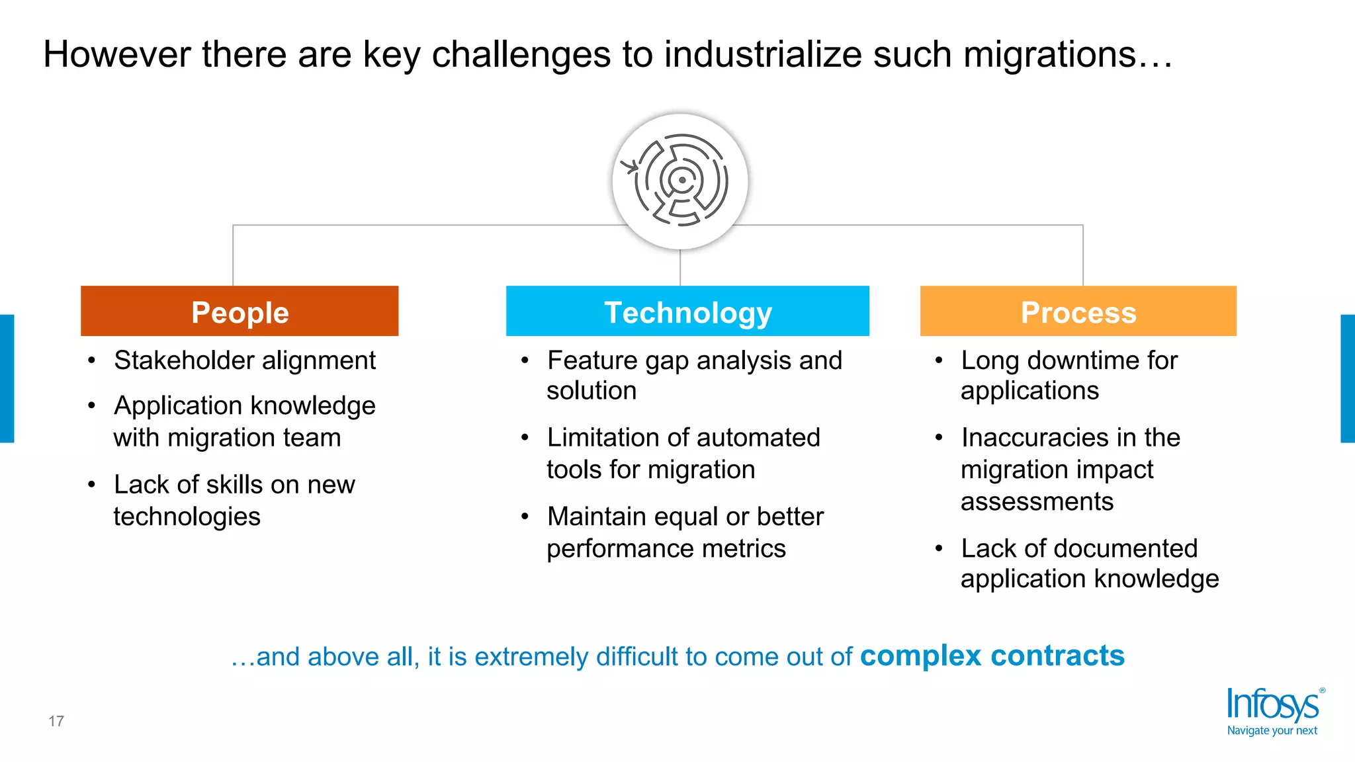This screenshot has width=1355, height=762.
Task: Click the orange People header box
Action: pyautogui.click(x=240, y=312)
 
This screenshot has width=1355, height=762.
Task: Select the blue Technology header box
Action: pyautogui.click(x=687, y=312)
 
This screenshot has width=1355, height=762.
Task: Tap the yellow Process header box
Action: pyautogui.click(x=1078, y=312)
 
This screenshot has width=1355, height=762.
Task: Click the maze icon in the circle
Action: pyautogui.click(x=680, y=181)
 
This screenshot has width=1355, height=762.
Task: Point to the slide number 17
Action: pyautogui.click(x=56, y=721)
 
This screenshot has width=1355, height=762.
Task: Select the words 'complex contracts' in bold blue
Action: pyautogui.click(x=992, y=656)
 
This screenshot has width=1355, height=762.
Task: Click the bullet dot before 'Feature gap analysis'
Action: pyautogui.click(x=525, y=361)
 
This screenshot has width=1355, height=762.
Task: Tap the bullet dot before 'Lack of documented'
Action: pyautogui.click(x=939, y=548)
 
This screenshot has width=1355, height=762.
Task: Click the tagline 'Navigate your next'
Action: pyautogui.click(x=1272, y=731)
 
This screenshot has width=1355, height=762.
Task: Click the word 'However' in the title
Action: pyautogui.click(x=116, y=54)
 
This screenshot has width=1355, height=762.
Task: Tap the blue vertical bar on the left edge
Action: pyautogui.click(x=7, y=378)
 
